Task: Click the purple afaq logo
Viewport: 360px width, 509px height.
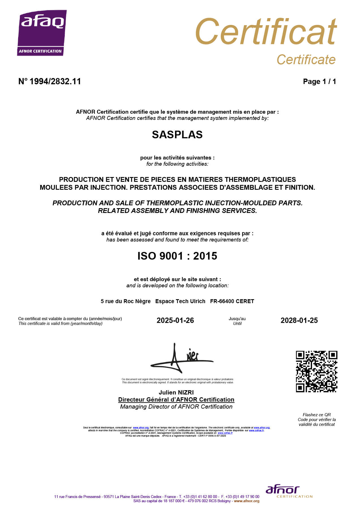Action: point(42,33)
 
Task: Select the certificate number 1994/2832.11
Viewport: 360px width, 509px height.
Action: point(55,81)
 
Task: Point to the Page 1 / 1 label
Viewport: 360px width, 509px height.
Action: point(319,81)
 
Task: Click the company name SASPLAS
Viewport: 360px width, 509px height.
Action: point(177,135)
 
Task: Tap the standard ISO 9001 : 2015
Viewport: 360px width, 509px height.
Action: point(177,256)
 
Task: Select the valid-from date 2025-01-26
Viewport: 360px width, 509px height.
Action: point(175,320)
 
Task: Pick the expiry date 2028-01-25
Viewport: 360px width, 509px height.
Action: point(299,320)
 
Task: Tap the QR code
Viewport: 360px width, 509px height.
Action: point(316,371)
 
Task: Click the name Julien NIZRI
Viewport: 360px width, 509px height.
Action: point(176,392)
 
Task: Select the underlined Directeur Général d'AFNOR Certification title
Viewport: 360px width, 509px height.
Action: point(176,400)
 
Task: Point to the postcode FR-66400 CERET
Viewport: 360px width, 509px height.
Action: point(232,301)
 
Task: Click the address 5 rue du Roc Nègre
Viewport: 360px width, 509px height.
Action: point(126,301)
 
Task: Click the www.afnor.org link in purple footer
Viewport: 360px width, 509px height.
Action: point(247,501)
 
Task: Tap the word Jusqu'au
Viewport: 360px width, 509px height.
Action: point(237,319)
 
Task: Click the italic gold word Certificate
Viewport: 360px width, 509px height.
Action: point(306,60)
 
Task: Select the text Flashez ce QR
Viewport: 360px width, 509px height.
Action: point(316,415)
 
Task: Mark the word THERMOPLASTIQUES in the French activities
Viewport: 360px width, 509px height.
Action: point(260,180)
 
